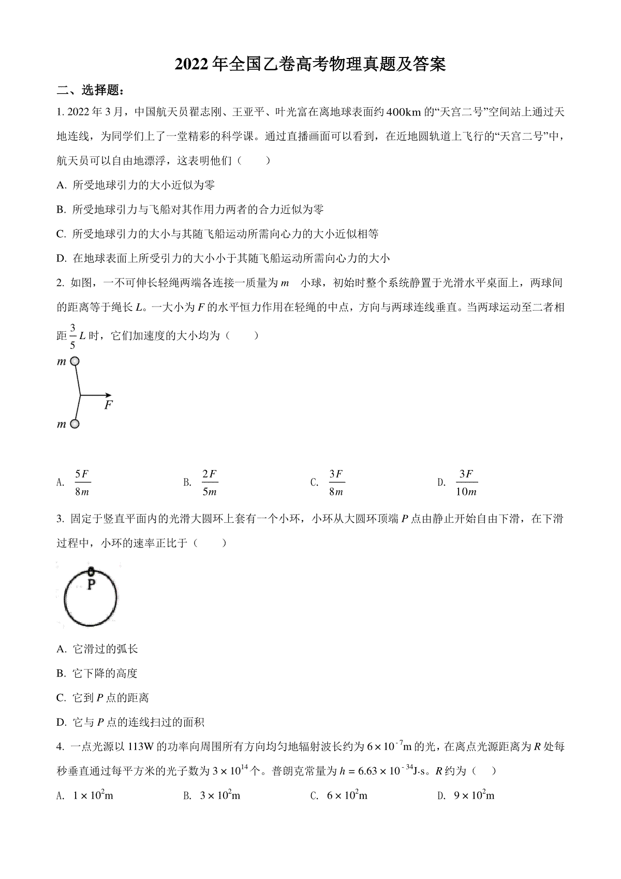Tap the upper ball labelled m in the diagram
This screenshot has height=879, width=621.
click(x=75, y=361)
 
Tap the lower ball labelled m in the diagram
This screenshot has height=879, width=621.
click(x=75, y=424)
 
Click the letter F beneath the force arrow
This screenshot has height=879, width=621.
click(x=108, y=405)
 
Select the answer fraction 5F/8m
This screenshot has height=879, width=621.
click(x=82, y=483)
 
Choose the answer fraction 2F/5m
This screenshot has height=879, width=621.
click(x=210, y=483)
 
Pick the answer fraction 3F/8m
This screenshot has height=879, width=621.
click(x=336, y=483)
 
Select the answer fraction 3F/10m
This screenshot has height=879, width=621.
click(x=466, y=483)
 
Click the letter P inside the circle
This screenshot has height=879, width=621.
click(x=91, y=585)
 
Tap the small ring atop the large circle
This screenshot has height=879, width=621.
click(x=91, y=572)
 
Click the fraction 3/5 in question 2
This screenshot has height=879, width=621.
click(x=72, y=336)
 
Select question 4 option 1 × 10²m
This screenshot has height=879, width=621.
click(x=93, y=795)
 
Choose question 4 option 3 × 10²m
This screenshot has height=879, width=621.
click(x=220, y=795)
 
